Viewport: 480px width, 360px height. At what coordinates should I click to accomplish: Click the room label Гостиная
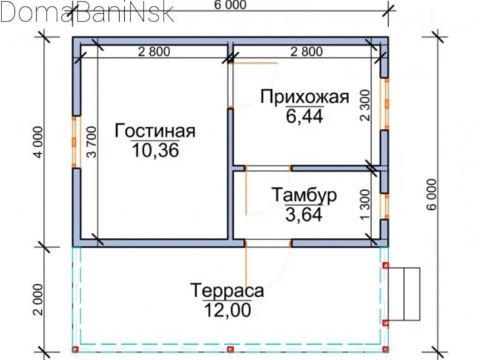(155, 131)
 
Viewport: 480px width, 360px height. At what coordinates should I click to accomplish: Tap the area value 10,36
(155, 150)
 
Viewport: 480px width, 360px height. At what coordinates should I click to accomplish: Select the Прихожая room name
(305, 97)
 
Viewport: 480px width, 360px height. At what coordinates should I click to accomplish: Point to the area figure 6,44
(304, 116)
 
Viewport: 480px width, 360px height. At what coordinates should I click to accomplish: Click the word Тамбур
(304, 195)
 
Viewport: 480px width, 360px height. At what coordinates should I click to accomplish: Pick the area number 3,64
(304, 214)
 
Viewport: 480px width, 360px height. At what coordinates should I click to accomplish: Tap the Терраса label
(227, 290)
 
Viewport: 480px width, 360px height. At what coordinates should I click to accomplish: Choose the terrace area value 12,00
(227, 310)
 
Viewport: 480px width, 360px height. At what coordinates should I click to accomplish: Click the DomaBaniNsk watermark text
(87, 12)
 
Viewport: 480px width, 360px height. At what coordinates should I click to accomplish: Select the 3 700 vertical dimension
(92, 142)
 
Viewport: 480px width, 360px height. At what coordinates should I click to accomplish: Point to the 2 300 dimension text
(365, 105)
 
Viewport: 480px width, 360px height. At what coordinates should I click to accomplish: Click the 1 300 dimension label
(365, 204)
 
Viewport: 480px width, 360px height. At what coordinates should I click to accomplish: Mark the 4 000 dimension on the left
(39, 142)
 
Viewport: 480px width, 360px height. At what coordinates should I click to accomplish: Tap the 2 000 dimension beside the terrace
(39, 300)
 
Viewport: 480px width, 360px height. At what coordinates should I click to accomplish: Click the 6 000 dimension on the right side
(431, 194)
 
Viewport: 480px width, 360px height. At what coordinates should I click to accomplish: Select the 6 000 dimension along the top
(230, 5)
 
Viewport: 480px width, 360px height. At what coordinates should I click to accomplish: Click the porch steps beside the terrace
(404, 294)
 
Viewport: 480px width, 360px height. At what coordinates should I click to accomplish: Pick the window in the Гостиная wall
(76, 142)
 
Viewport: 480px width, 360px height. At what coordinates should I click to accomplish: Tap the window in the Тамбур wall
(385, 207)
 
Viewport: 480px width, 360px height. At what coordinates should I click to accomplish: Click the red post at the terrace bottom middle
(230, 349)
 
